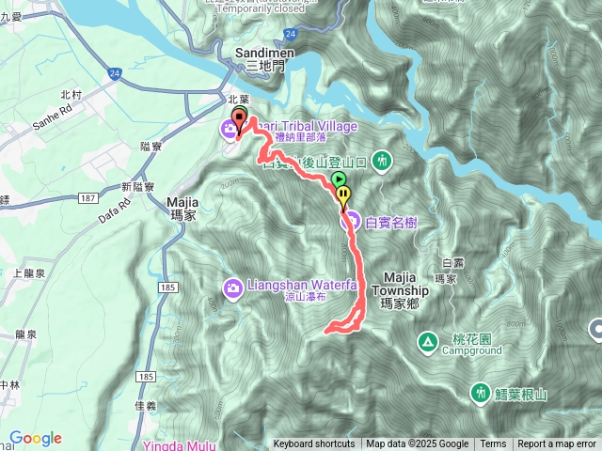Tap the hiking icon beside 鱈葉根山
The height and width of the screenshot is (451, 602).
(481, 391)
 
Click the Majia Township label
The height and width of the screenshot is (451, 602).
(406, 285)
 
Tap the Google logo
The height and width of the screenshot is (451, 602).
(36, 439)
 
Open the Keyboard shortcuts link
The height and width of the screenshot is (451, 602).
(313, 444)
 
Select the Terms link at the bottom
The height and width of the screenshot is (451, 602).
(492, 444)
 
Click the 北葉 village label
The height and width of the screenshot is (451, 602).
(237, 98)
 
